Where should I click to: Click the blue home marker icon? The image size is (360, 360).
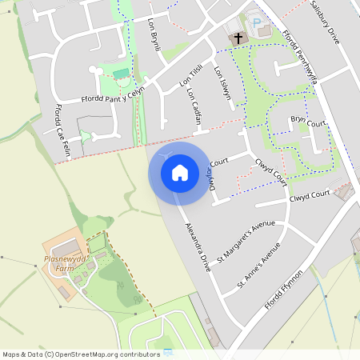click(x=179, y=172)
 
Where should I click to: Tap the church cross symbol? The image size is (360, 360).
click(x=238, y=38)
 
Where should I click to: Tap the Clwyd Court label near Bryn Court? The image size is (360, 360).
click(x=271, y=166)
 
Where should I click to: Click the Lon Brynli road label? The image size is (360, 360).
click(x=155, y=35)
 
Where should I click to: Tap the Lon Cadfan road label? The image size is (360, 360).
click(x=194, y=108)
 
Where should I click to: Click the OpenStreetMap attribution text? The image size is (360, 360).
click(x=82, y=354)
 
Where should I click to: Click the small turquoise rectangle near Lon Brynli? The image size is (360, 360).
click(x=121, y=74)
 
